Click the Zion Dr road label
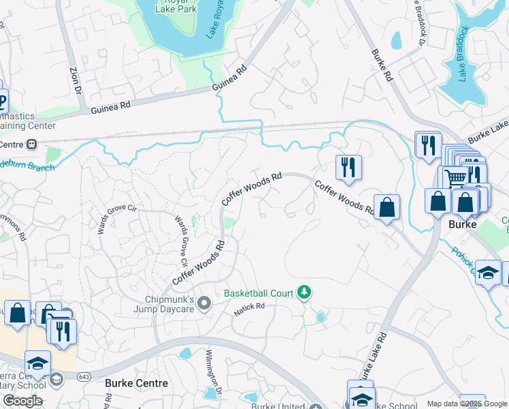click(73, 80)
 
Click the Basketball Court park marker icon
click(305, 293)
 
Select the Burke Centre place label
click(136, 383)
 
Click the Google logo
click(22, 400)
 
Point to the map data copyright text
click(466, 404)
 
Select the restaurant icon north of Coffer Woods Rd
click(348, 167)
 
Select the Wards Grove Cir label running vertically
click(182, 241)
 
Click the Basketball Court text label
click(259, 294)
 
